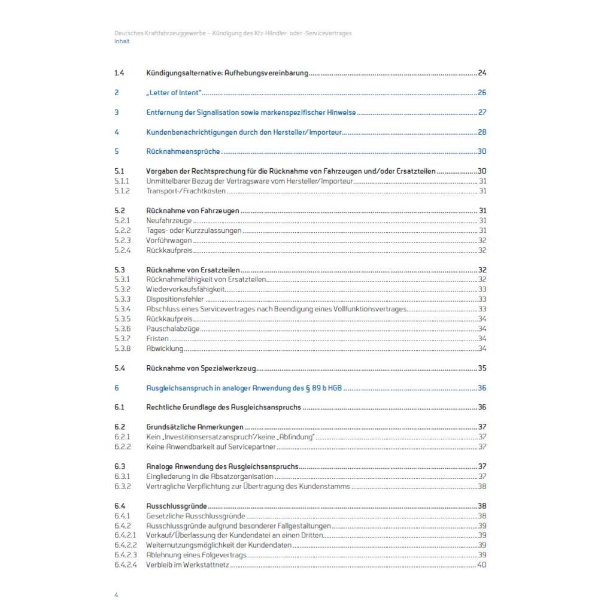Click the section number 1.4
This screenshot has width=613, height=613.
click(119, 73)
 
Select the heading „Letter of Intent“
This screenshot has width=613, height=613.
click(174, 93)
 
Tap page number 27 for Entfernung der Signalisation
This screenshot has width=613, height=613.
click(482, 113)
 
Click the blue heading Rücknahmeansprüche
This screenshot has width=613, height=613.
click(183, 151)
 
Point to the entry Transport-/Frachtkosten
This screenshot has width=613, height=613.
click(185, 191)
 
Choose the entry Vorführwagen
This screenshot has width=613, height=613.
click(169, 241)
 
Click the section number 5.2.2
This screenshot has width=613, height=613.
click(122, 230)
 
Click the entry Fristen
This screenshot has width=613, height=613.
click(157, 339)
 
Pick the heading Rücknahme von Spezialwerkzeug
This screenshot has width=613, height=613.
click(201, 368)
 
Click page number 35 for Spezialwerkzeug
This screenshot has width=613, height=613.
click(482, 368)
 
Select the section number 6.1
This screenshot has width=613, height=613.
click(119, 408)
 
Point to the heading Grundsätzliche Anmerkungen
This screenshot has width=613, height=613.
click(195, 427)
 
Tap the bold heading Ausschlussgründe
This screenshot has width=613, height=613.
click(176, 506)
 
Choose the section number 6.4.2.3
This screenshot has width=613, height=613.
click(126, 555)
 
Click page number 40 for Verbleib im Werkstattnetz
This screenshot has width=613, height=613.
click(482, 565)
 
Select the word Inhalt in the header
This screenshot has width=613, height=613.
click(122, 41)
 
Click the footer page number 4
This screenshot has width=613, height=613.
click(116, 596)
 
